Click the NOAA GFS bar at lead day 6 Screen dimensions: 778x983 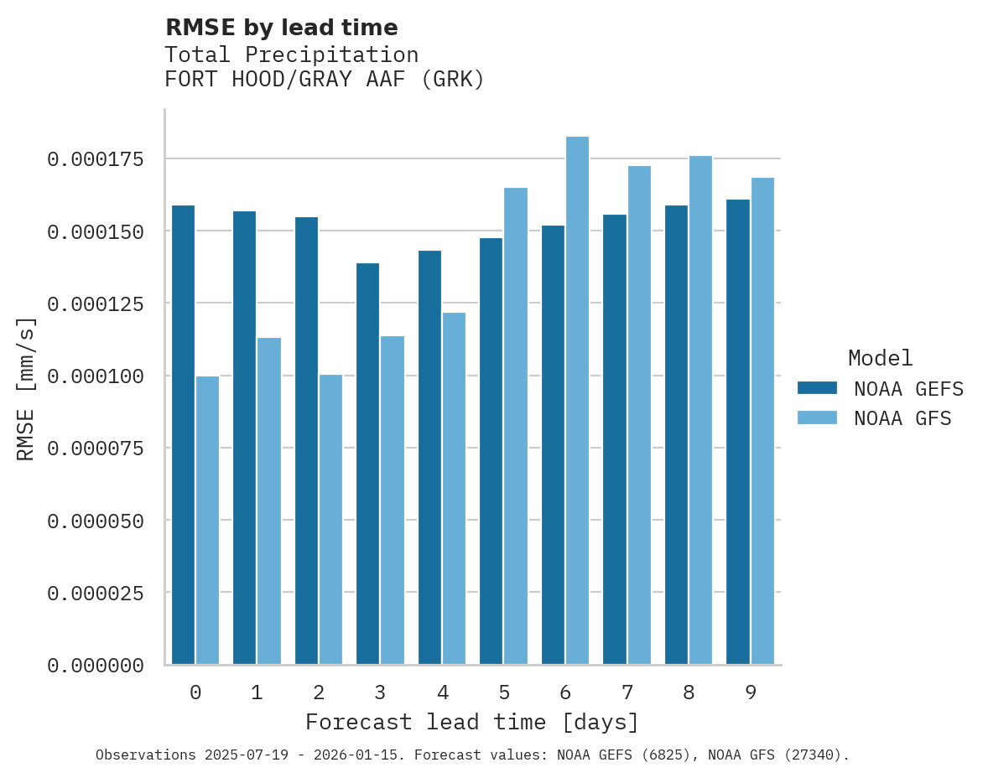click(x=577, y=401)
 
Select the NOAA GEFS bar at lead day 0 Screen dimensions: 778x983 click(x=183, y=434)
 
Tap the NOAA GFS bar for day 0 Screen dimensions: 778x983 click(x=207, y=520)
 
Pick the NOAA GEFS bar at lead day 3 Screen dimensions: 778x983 click(x=367, y=464)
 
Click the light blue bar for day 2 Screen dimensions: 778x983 click(x=330, y=520)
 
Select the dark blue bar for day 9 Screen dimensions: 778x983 click(x=738, y=432)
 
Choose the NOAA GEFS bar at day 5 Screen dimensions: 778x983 click(x=491, y=451)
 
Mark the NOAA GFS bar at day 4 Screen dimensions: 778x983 click(x=454, y=488)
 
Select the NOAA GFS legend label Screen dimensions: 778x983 click(x=902, y=418)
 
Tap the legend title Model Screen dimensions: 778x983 click(x=880, y=358)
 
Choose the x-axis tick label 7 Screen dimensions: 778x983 click(x=627, y=692)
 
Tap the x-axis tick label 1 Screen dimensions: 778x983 click(x=257, y=692)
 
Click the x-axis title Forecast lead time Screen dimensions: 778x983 click(x=471, y=722)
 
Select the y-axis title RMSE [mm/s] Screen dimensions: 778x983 click(x=26, y=388)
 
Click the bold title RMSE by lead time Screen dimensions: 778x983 click(x=281, y=28)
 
